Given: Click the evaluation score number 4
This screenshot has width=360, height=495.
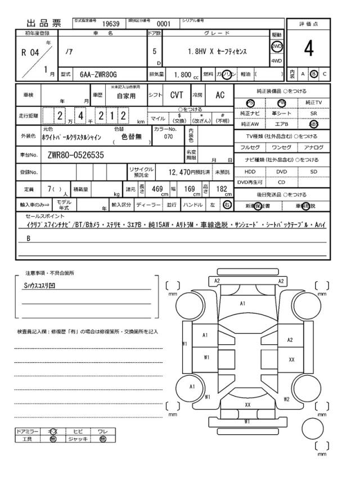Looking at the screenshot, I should [308, 50].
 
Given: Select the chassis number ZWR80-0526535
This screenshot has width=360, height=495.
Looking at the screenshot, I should [76, 154].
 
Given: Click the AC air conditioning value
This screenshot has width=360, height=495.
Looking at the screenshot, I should [220, 96].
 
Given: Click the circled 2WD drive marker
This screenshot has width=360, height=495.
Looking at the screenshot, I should [277, 47].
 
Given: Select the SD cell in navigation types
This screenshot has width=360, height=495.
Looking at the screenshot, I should [314, 171].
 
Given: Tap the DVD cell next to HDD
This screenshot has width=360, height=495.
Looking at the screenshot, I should [281, 171].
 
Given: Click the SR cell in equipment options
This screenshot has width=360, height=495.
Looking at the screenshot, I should [314, 113].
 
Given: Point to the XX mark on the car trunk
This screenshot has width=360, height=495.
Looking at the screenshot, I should [247, 404].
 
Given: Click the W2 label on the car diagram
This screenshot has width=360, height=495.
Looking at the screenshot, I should [286, 399].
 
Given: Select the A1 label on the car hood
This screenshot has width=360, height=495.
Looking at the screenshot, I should [242, 303].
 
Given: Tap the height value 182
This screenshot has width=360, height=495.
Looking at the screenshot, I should [222, 189].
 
